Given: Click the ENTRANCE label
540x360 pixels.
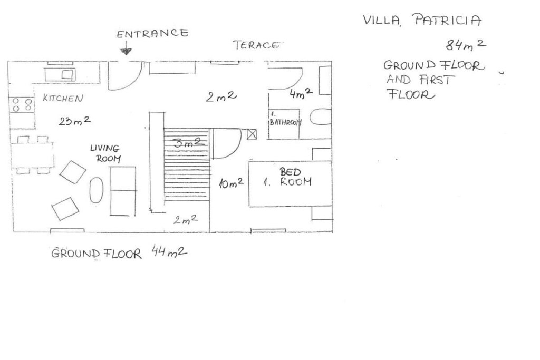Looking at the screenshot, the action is click(x=152, y=33).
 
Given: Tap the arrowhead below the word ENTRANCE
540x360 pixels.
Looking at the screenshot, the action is click(x=126, y=52).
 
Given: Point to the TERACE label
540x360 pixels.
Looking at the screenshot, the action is click(x=256, y=45).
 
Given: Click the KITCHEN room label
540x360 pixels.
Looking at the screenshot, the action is click(x=63, y=98).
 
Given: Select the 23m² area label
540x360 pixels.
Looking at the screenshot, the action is click(x=74, y=121).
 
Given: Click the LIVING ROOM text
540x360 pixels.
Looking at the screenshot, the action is click(x=105, y=153).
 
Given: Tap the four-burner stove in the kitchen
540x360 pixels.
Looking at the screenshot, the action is click(x=22, y=105).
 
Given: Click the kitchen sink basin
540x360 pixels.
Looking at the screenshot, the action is click(x=68, y=74).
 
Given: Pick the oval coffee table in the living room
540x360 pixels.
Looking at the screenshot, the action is click(x=97, y=190).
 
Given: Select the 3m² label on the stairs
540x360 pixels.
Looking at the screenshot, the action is click(x=187, y=142).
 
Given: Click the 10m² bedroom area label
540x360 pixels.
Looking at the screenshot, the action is click(x=231, y=183).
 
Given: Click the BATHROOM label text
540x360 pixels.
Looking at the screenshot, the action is click(x=285, y=122).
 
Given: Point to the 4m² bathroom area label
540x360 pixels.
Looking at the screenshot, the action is click(x=301, y=93).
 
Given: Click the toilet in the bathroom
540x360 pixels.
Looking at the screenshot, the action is click(x=320, y=117).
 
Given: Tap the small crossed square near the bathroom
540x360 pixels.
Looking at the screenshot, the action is click(x=252, y=134).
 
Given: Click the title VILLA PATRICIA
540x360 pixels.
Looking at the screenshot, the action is click(x=422, y=20).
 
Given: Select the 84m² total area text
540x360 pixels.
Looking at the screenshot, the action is click(x=466, y=45).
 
